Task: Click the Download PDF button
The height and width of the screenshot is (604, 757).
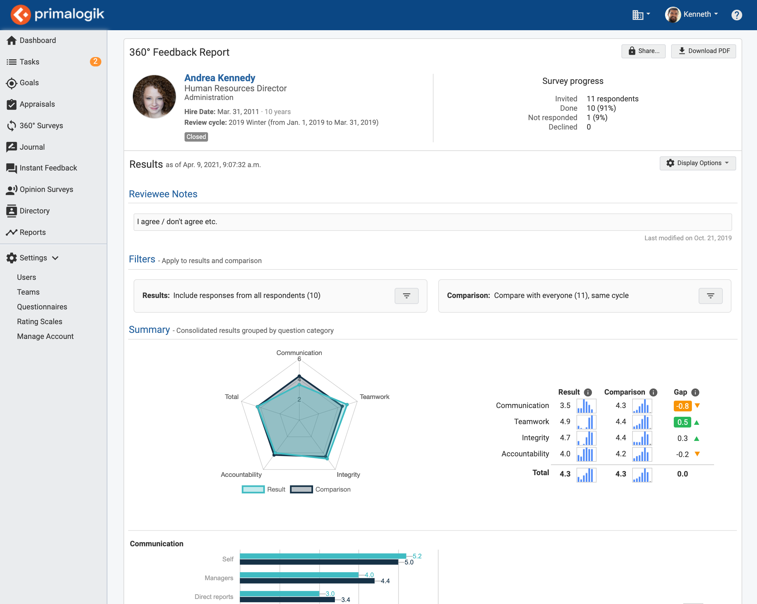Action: coord(703,51)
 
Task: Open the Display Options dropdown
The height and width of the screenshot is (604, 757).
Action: coord(697,163)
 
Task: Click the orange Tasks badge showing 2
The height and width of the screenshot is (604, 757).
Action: coord(95,61)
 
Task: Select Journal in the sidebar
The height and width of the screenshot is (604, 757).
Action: coord(32,147)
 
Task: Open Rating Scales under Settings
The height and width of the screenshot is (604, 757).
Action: coord(39,321)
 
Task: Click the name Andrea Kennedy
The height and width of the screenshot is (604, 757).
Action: coord(219,78)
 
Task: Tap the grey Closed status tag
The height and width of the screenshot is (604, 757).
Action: coord(196,137)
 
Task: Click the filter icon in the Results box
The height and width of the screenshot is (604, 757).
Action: coord(406,296)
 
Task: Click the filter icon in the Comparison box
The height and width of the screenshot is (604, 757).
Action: coord(710,296)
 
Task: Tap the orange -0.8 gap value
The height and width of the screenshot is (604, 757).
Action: coord(682,406)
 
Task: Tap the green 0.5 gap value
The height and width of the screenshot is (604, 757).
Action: coord(682,422)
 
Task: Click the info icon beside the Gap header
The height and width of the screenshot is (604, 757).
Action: coord(695,392)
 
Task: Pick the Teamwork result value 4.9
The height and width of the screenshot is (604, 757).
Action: coord(565,421)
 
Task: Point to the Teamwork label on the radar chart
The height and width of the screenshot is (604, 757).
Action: coord(374,397)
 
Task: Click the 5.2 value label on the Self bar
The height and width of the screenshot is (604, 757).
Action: coord(417,556)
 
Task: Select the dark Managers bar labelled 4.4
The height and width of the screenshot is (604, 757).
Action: coord(307,581)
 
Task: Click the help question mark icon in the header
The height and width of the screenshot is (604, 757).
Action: coord(736,15)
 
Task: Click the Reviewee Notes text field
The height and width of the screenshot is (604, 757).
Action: coord(432,221)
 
